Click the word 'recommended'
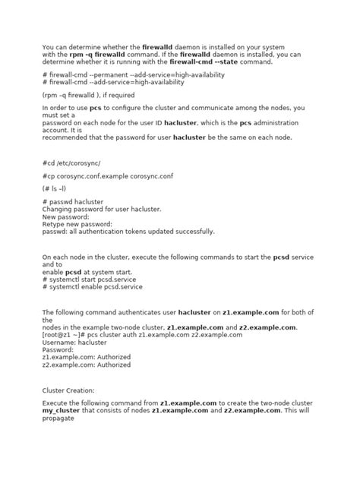click(x=67, y=137)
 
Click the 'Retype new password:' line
click(x=77, y=223)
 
